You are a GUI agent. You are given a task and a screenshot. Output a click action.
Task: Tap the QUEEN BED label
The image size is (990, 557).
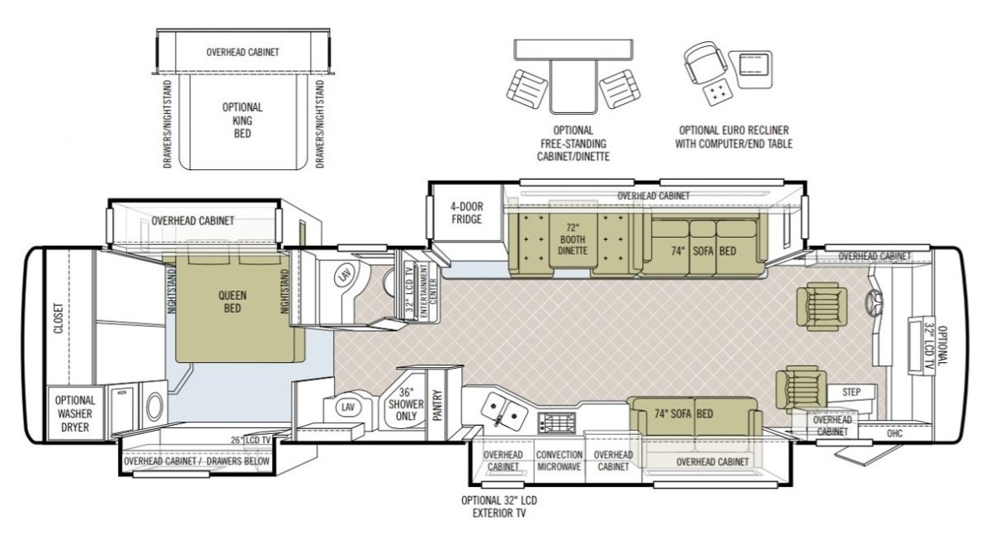pyautogui.click(x=233, y=301)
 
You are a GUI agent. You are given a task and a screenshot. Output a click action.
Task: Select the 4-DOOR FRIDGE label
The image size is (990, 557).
pyautogui.click(x=467, y=213)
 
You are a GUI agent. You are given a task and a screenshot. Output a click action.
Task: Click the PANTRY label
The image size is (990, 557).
pyautogui.click(x=437, y=405)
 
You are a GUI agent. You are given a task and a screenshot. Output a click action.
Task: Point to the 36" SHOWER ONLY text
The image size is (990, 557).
pyautogui.click(x=406, y=404)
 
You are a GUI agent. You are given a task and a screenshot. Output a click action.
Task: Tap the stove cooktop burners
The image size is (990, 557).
pyautogui.click(x=557, y=423)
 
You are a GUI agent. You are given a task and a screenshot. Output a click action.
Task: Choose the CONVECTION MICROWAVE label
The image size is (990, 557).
pyautogui.click(x=559, y=460)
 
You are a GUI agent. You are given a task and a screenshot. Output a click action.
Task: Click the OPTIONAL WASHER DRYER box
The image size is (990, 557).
pyautogui.click(x=76, y=413)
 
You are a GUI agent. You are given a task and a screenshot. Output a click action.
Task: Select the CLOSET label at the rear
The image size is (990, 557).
pyautogui.click(x=59, y=319)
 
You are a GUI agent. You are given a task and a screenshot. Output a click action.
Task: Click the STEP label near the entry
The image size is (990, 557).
pyautogui.click(x=851, y=392)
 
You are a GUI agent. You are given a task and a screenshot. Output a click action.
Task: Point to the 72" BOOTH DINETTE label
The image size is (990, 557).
pyautogui.click(x=572, y=239)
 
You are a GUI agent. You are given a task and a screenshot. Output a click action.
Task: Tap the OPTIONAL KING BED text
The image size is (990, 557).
pyautogui.click(x=243, y=120)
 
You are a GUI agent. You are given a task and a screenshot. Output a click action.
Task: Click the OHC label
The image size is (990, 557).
pyautogui.click(x=894, y=434)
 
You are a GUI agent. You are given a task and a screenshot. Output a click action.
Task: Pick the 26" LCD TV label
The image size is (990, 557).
pyautogui.click(x=251, y=440)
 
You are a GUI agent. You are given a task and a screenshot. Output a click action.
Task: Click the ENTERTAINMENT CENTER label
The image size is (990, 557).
pyautogui.click(x=427, y=290)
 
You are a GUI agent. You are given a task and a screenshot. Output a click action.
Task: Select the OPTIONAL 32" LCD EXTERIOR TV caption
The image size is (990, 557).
pyautogui.click(x=499, y=507)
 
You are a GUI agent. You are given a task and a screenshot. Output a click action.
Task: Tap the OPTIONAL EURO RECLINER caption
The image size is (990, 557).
pyautogui.click(x=733, y=130)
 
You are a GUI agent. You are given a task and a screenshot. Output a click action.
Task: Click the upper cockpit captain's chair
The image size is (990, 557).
pyautogui.click(x=822, y=306)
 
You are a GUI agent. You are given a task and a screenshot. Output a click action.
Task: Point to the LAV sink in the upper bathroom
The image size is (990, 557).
pyautogui.click(x=343, y=276)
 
